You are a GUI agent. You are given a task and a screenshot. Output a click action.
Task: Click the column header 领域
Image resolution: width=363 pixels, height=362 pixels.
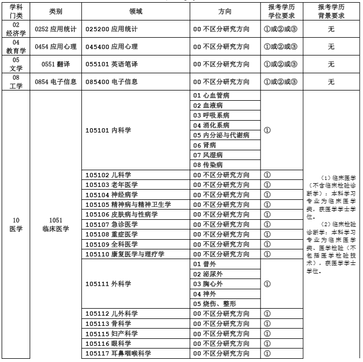136,11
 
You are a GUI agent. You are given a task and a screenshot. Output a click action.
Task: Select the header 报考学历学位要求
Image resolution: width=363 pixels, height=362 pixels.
282,11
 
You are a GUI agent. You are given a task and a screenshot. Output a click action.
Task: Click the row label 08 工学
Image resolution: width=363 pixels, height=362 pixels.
16,82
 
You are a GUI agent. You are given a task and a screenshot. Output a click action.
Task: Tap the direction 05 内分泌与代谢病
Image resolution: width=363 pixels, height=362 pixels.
221,135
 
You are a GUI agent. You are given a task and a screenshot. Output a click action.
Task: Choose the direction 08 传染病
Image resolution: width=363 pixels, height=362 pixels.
207,165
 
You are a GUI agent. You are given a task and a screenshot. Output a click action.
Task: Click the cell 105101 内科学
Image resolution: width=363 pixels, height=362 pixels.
108,130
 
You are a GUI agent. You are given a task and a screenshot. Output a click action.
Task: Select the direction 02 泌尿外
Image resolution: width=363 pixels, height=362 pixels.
207,274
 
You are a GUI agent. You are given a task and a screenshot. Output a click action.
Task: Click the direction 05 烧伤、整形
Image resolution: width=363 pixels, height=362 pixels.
214,303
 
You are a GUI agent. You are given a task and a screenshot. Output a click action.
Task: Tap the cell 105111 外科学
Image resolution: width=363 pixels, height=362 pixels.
108,284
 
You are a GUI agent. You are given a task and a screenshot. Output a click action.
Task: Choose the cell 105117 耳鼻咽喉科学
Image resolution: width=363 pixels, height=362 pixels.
118,353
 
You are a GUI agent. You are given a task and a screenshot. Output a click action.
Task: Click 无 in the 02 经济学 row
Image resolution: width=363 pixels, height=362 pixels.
331,29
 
